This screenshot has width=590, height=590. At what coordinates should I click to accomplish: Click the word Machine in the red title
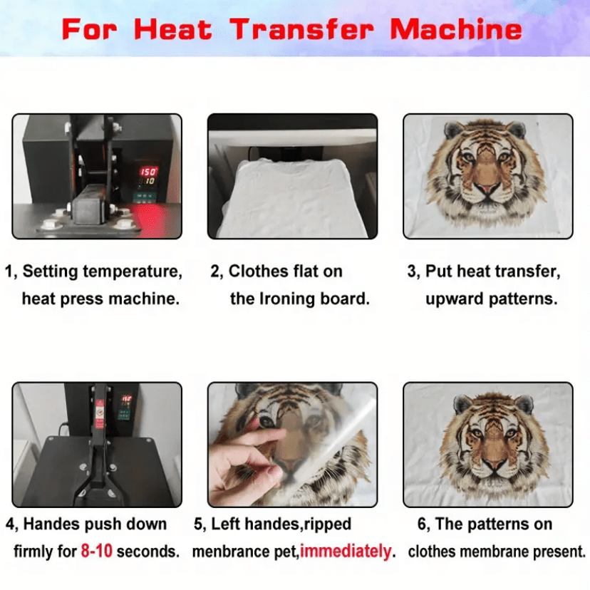pyautogui.click(x=456, y=29)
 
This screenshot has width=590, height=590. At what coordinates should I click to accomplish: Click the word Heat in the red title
pyautogui.click(x=172, y=29)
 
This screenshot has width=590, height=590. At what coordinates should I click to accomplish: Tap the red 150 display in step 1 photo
pyautogui.click(x=148, y=172)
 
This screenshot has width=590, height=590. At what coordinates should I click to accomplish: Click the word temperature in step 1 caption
pyautogui.click(x=133, y=271)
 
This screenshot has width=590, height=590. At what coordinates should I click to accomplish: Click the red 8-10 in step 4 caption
pyautogui.click(x=96, y=552)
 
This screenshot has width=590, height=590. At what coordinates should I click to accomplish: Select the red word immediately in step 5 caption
pyautogui.click(x=346, y=552)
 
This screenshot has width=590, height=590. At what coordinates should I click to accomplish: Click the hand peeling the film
pyautogui.click(x=247, y=463)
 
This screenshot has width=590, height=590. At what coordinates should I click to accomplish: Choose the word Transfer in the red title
pyautogui.click(x=301, y=29)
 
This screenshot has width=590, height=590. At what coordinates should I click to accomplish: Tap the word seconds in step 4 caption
pyautogui.click(x=148, y=552)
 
